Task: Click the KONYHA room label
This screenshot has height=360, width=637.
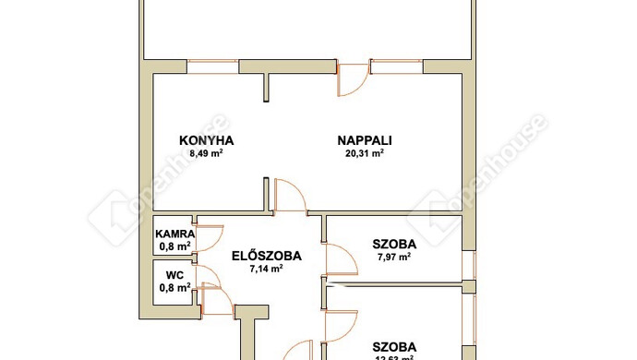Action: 206,140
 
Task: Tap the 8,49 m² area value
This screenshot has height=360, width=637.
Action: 206,154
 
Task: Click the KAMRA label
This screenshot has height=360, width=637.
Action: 174,234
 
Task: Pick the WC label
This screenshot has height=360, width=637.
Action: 174,274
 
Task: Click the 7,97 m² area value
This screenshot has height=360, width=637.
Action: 394,258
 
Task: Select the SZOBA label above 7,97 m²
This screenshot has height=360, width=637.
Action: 394,244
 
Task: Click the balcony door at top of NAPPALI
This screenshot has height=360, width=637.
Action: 352,80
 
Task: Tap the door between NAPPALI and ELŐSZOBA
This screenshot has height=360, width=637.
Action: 290,196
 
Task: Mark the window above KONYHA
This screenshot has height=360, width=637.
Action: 212,66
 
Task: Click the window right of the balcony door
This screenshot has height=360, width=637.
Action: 396,66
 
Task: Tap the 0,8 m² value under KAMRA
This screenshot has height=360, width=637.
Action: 174,246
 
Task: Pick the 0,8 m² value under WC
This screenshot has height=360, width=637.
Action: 174,287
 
